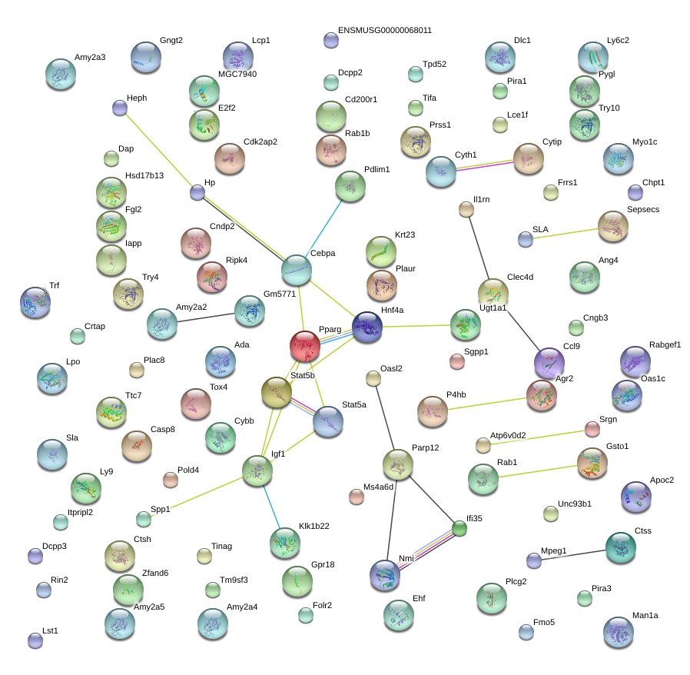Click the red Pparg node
[x=305, y=347]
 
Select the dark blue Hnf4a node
[x=367, y=327]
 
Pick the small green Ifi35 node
[x=459, y=528]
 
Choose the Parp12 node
[x=397, y=464]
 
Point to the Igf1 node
[x=257, y=471]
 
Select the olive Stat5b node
[x=277, y=393]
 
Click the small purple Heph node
[x=120, y=108]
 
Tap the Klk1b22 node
[x=285, y=543]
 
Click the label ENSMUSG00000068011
[x=384, y=31]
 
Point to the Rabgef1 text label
[x=665, y=344]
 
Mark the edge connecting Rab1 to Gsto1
[x=538, y=471]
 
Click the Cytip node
[x=528, y=158]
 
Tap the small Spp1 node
[x=144, y=518]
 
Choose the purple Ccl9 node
[x=549, y=363]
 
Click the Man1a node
[x=619, y=632]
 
